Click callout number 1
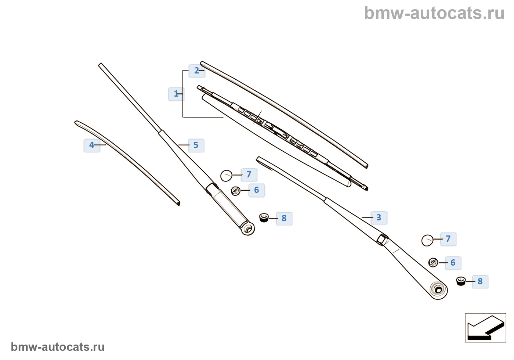(x=176, y=94)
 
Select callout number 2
(x=197, y=71)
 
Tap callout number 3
(x=379, y=218)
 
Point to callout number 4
(x=92, y=145)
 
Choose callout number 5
(x=196, y=145)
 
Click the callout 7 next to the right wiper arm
(x=448, y=239)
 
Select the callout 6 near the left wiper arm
(x=257, y=190)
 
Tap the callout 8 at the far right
(x=480, y=282)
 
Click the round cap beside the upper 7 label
(x=227, y=176)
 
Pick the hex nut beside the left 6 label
(x=236, y=191)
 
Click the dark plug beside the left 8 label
(x=264, y=217)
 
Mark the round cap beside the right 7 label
(x=427, y=241)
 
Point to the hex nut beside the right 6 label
(x=433, y=262)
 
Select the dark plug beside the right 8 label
(x=461, y=281)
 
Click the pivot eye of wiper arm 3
(x=438, y=289)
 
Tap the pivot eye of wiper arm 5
(x=248, y=228)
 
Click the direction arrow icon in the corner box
(x=485, y=328)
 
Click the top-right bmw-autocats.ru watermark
(x=434, y=13)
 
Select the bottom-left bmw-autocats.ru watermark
(x=58, y=347)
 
